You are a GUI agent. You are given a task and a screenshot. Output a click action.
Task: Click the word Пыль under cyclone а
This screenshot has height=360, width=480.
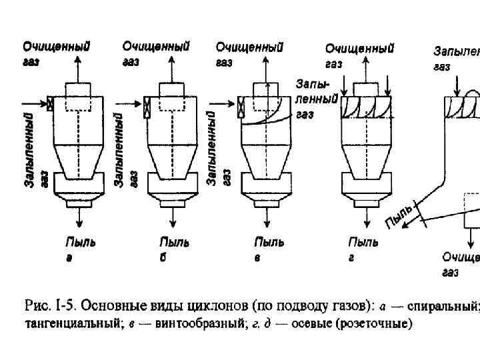pyautogui.click(x=79, y=243)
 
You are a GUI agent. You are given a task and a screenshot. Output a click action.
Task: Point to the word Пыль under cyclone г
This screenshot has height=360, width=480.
pyautogui.click(x=363, y=243)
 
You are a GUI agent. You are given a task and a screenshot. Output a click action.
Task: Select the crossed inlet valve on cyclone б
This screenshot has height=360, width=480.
pyautogui.click(x=147, y=104)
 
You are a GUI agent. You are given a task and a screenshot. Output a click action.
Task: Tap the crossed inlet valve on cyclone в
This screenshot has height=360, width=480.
pyautogui.click(x=241, y=104)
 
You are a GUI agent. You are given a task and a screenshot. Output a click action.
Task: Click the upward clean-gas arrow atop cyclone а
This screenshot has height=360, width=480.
pyautogui.click(x=79, y=67)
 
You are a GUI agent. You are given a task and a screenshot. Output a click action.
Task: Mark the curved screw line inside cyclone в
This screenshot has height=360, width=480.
pyautogui.click(x=267, y=120)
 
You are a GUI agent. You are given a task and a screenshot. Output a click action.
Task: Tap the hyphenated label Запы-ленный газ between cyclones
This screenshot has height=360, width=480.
pyautogui.click(x=313, y=100)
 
